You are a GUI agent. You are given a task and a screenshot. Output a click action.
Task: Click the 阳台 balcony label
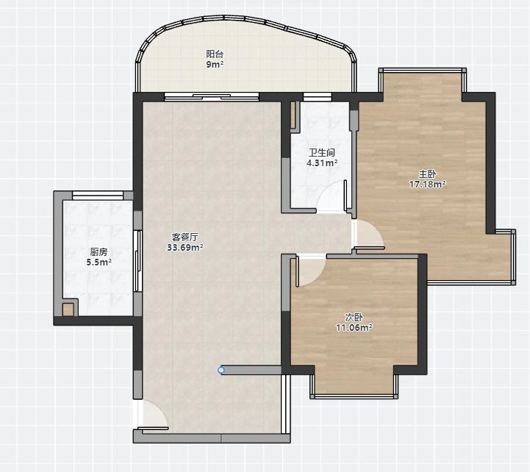coord(215,54)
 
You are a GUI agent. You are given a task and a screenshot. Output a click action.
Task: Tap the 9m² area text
coord(215,64)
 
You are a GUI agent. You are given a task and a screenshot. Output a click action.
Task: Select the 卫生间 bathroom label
coord(322,152)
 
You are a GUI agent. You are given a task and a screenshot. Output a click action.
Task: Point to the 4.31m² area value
coord(322,163)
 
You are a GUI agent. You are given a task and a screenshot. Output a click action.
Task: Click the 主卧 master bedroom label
coord(427,174)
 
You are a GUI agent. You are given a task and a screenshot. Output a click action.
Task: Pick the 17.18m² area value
coord(427,185)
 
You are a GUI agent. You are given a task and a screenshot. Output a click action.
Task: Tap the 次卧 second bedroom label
coord(354,317)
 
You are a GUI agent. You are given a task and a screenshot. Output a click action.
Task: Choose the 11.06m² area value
coord(354,327)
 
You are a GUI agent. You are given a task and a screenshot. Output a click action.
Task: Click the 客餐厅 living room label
coord(185,237)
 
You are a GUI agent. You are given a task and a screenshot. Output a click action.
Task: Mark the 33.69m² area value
coord(185,248)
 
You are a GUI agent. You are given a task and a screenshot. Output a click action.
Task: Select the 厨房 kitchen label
coord(99,252)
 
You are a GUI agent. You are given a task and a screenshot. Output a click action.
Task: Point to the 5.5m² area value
coord(99,262)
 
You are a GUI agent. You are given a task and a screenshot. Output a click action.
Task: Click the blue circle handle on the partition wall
coord(221,371)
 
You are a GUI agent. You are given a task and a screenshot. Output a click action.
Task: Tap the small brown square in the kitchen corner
coord(68,310)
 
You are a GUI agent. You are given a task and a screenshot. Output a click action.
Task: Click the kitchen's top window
coord(98,195)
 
